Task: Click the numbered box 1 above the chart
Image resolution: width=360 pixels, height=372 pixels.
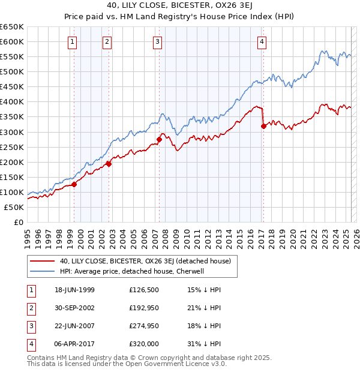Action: pyautogui.click(x=72, y=41)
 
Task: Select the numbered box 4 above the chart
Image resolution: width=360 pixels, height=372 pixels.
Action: pyautogui.click(x=262, y=41)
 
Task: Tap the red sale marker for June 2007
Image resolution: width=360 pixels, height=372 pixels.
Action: pyautogui.click(x=160, y=140)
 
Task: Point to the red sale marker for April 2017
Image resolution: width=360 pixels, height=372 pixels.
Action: pyautogui.click(x=263, y=126)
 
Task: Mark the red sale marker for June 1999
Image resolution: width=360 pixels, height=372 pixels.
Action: pyautogui.click(x=74, y=184)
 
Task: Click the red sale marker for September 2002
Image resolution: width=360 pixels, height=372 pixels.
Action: pyautogui.click(x=109, y=164)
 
